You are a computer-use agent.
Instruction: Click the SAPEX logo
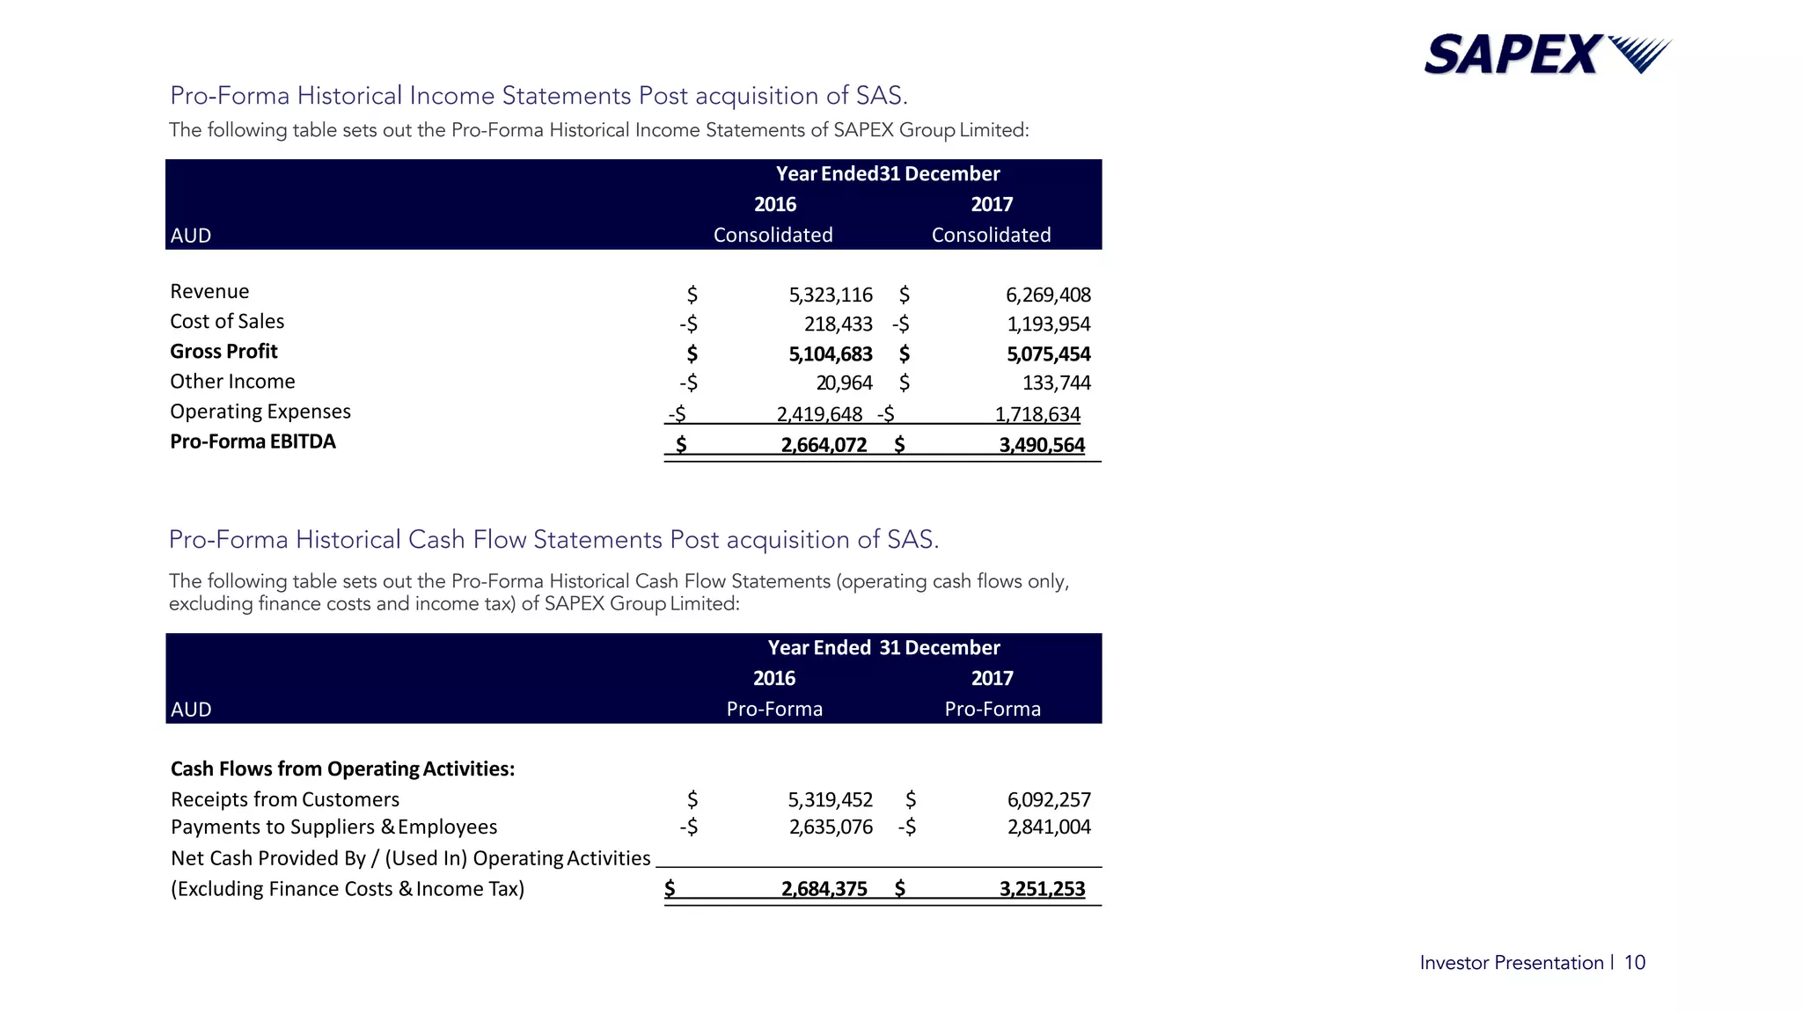(x=1547, y=54)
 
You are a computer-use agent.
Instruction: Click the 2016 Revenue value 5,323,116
(x=830, y=295)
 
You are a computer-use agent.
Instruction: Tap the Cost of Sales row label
(x=227, y=322)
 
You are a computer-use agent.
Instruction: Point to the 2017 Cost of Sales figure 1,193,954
(x=1048, y=324)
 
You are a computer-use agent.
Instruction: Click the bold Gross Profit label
(x=223, y=352)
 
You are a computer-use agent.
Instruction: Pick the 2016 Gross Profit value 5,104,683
(x=830, y=354)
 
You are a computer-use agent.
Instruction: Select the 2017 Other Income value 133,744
(x=1056, y=383)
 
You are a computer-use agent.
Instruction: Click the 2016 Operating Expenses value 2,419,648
(x=819, y=414)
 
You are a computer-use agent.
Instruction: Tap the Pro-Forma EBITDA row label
(x=253, y=441)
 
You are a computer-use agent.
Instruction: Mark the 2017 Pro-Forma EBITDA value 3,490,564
(x=1042, y=445)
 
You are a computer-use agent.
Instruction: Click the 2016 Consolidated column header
(x=773, y=235)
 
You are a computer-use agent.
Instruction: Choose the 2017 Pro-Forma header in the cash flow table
(x=993, y=709)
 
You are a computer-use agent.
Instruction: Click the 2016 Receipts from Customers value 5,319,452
(x=830, y=799)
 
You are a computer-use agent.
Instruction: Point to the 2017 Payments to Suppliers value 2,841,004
(x=1049, y=827)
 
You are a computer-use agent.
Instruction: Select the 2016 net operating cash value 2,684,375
(x=824, y=889)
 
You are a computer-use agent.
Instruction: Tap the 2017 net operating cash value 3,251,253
(x=1042, y=889)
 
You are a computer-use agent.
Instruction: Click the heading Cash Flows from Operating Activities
(x=342, y=769)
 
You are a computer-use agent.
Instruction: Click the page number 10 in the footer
(x=1634, y=963)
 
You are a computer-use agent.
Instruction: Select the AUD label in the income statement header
(x=191, y=236)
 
